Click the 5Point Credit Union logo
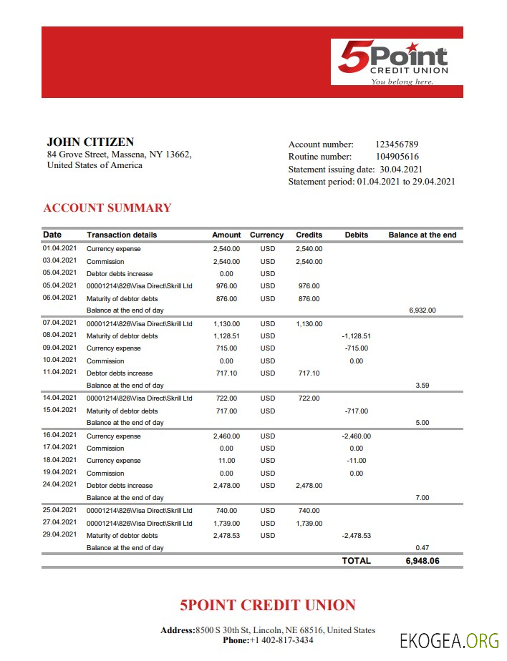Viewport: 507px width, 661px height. [393, 62]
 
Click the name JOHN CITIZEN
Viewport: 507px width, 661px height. [90, 142]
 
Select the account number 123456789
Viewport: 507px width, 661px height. [397, 145]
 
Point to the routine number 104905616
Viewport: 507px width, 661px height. [397, 157]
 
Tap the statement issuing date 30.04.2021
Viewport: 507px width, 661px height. [401, 170]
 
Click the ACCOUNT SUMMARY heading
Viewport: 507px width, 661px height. [107, 208]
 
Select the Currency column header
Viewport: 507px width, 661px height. [266, 235]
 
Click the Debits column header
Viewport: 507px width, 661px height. [356, 235]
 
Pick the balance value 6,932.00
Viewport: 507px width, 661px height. [421, 310]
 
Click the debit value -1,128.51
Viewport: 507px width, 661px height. [356, 336]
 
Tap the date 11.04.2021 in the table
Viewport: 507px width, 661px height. [59, 372]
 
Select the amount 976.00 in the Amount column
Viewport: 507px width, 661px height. [226, 286]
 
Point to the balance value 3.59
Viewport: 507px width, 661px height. [422, 386]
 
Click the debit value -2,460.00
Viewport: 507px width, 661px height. [356, 436]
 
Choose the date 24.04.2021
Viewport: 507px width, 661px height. [59, 484]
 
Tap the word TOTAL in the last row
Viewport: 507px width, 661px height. [356, 561]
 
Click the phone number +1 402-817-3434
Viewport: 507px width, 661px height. [281, 640]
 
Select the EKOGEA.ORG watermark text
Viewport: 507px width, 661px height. [448, 640]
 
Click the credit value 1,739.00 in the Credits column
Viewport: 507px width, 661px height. [309, 524]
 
